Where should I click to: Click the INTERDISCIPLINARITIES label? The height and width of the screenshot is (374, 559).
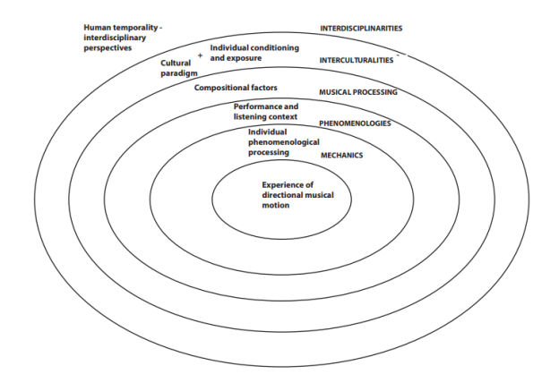[x=361, y=29]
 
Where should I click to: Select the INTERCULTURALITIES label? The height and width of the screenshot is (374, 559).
[x=357, y=60]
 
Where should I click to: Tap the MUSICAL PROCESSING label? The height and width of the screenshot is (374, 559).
[x=358, y=91]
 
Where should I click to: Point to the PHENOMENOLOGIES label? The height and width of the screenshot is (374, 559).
[x=355, y=123]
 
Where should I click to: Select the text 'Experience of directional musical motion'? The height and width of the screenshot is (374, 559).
[x=285, y=194]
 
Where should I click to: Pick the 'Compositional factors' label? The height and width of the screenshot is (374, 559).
[x=236, y=88]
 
